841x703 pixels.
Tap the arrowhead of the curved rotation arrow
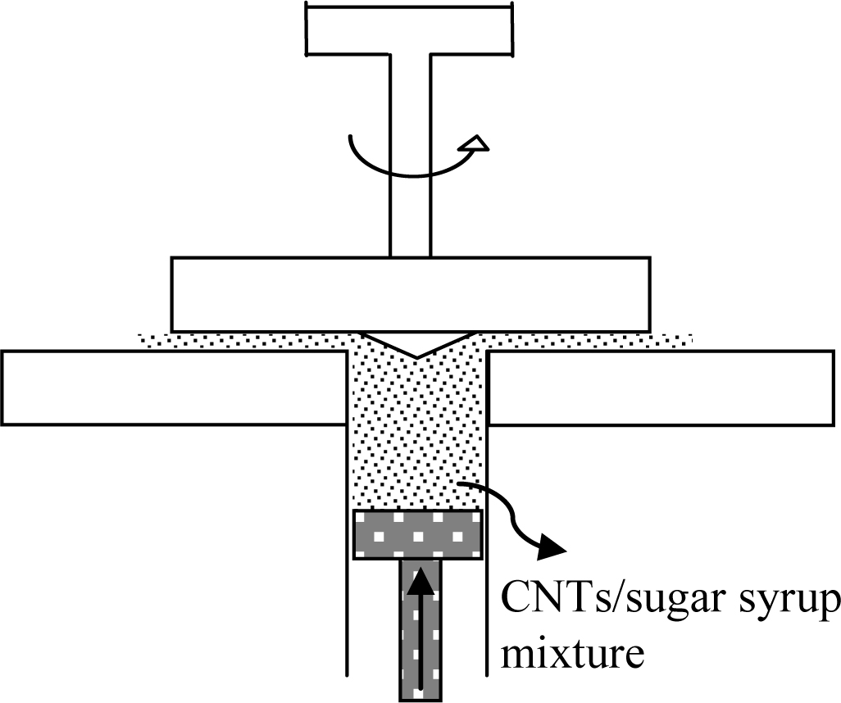475,146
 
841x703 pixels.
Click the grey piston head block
416,535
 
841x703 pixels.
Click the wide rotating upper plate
410,294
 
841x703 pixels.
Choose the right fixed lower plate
664,387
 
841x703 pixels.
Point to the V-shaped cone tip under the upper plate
417,344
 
